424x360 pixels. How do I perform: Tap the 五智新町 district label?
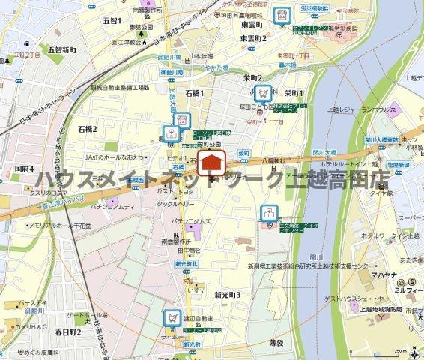click(62, 50)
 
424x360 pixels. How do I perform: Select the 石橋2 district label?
click(87, 130)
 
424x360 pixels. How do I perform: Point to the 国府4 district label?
click(24, 169)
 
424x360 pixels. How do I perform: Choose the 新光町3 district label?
click(227, 295)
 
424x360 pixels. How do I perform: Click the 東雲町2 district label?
click(254, 37)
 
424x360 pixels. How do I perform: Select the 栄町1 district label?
click(294, 92)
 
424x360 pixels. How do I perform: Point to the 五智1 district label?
click(112, 20)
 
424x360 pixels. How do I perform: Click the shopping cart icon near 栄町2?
click(263, 93)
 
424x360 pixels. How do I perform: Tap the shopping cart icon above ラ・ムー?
click(172, 317)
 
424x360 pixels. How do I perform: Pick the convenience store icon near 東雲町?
click(282, 14)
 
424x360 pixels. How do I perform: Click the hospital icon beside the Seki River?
click(267, 214)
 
